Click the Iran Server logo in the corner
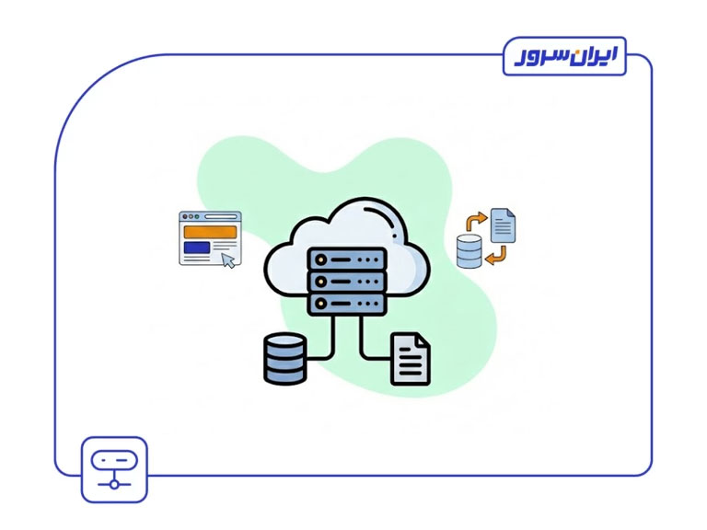[564, 56]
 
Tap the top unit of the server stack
[346, 259]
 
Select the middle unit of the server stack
[346, 280]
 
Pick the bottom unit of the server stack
[346, 301]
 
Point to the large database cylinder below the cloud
[284, 358]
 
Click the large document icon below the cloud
[411, 359]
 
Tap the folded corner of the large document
[423, 340]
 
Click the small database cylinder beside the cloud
[469, 250]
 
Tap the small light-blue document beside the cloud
[503, 225]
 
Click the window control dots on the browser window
[189, 217]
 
